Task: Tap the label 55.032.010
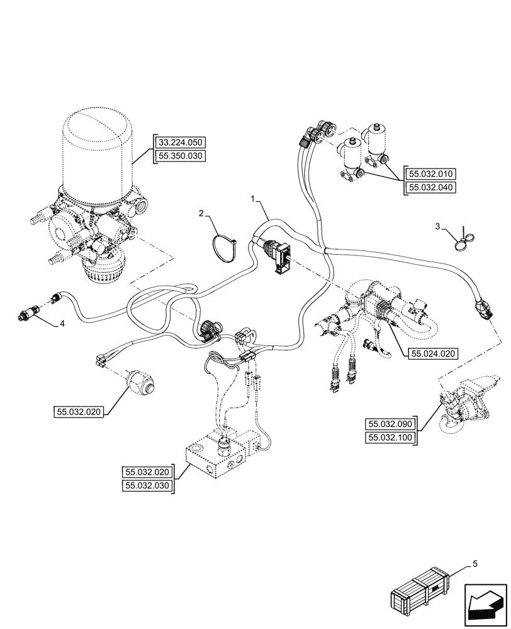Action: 434,174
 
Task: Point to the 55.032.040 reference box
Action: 434,187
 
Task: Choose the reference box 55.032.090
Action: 390,425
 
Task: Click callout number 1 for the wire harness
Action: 252,199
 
